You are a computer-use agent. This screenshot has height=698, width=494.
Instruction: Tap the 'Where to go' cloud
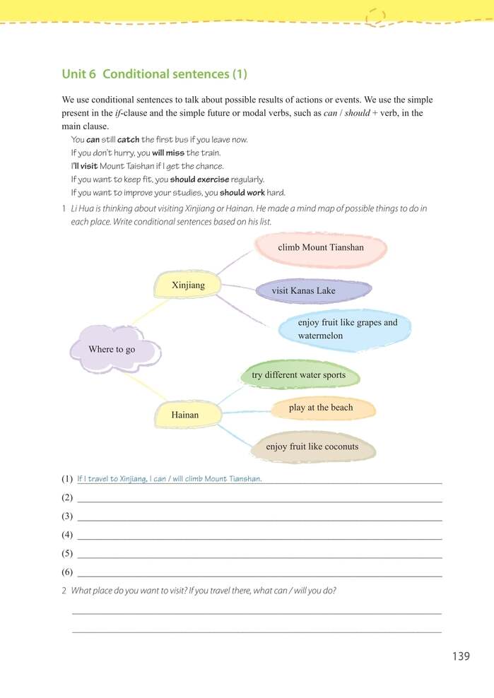(x=113, y=349)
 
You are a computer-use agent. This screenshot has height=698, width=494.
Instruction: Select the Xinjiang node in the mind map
(x=187, y=285)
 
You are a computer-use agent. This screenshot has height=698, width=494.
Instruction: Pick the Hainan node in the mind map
(x=184, y=415)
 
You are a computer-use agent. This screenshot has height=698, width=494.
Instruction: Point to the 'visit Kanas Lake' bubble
(x=304, y=290)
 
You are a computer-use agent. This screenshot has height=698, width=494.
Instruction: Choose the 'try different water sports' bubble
(x=298, y=375)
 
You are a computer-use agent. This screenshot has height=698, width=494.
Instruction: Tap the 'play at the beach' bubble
(x=321, y=408)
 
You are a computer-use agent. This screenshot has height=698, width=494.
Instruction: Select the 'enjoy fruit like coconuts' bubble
(x=312, y=446)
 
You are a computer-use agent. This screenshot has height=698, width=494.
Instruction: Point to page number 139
(x=461, y=656)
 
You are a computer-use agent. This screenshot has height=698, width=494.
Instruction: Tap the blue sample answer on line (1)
(x=170, y=479)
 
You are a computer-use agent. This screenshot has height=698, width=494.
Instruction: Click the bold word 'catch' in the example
(x=128, y=140)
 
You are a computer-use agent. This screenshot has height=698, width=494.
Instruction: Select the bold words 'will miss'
(x=167, y=153)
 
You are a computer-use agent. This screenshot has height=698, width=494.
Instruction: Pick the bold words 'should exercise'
(x=199, y=179)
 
